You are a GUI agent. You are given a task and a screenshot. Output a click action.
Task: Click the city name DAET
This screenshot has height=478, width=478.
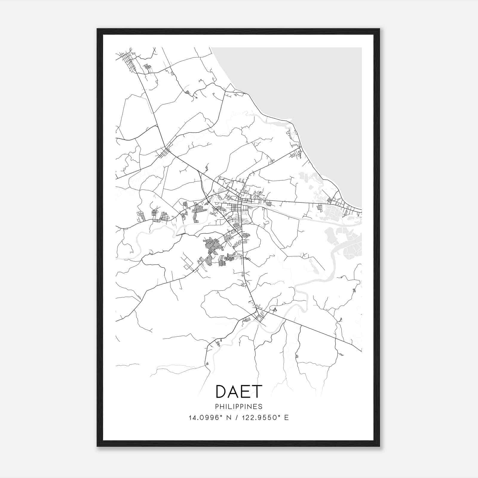point(239,392)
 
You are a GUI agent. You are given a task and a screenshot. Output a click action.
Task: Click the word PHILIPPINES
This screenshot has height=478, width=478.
point(239,407)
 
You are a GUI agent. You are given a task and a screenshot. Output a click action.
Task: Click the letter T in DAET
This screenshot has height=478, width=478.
point(256,392)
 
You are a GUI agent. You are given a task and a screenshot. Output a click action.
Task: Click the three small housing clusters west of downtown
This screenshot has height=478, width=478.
point(154,215)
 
